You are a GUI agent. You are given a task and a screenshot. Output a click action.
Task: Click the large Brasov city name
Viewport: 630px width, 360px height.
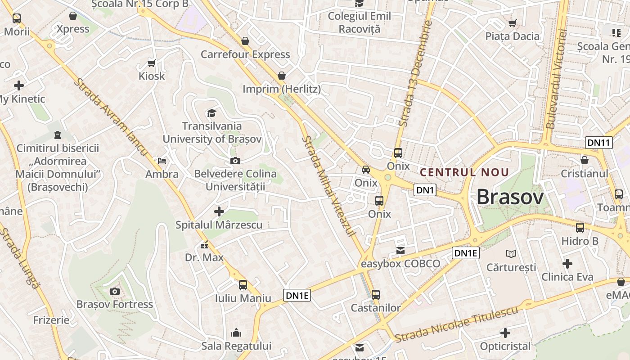pyautogui.click(x=510, y=197)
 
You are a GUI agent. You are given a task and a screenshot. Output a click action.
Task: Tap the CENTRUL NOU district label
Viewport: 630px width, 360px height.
pyautogui.click(x=464, y=172)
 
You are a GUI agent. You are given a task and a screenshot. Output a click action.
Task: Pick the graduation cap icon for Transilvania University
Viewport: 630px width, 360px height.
pyautogui.click(x=211, y=113)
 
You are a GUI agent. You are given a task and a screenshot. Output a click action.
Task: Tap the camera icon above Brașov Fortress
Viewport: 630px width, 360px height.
pyautogui.click(x=115, y=292)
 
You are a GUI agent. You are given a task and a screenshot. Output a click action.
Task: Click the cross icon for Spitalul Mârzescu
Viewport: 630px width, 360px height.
pyautogui.click(x=219, y=211)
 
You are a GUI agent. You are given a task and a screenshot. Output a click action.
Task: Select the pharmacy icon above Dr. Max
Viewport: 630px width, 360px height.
pyautogui.click(x=204, y=245)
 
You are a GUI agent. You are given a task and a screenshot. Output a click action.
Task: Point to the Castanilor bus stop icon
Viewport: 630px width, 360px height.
pyautogui.click(x=375, y=295)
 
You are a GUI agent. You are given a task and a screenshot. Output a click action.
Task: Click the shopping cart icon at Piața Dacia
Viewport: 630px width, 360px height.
pyautogui.click(x=512, y=23)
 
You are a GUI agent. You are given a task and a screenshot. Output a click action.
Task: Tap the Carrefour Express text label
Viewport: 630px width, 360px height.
pyautogui.click(x=245, y=54)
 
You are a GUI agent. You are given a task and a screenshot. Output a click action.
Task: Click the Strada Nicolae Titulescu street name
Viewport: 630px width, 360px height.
pyautogui.click(x=457, y=323)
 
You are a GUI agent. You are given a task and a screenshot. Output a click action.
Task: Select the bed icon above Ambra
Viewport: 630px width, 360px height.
pyautogui.click(x=162, y=161)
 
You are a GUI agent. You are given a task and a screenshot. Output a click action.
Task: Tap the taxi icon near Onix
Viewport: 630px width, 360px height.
pyautogui.click(x=366, y=170)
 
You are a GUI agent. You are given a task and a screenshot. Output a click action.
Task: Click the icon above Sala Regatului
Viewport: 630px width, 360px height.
pyautogui.click(x=236, y=333)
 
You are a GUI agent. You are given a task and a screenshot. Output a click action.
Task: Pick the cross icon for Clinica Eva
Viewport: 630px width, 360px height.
pyautogui.click(x=567, y=264)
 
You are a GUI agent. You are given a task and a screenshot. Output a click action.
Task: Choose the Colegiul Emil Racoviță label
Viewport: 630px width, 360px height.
pyautogui.click(x=359, y=22)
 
